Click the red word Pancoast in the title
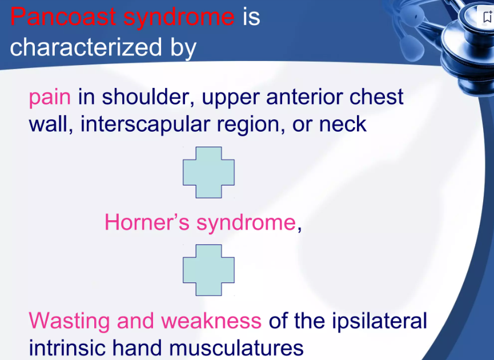click(63, 16)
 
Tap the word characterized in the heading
click(86, 47)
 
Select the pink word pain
click(50, 98)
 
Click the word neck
click(343, 124)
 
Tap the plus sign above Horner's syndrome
click(208, 172)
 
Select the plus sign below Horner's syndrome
click(208, 270)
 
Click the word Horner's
click(147, 222)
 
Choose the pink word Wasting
click(69, 321)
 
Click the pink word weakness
click(211, 321)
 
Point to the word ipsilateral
click(379, 321)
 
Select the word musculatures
click(236, 347)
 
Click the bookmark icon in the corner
click(488, 17)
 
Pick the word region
click(251, 125)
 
